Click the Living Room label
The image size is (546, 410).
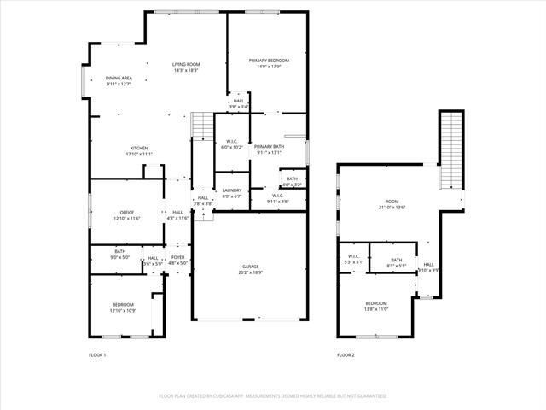(x=186, y=65)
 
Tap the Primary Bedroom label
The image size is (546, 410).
(x=269, y=61)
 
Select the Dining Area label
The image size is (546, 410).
(x=119, y=78)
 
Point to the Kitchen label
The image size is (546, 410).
(x=139, y=148)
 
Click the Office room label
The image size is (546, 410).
(x=127, y=212)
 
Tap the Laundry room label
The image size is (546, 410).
(x=232, y=190)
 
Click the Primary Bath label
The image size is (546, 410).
(x=268, y=147)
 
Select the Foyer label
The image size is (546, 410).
(x=177, y=257)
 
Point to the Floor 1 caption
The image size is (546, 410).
(x=97, y=354)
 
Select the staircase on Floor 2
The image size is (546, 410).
(x=450, y=152)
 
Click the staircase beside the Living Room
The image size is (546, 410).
(x=202, y=126)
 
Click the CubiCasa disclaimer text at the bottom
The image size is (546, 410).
(x=273, y=396)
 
